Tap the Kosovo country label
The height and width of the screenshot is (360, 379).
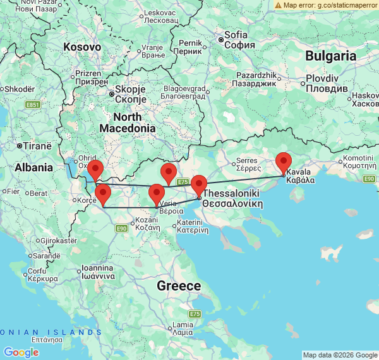point(82,47)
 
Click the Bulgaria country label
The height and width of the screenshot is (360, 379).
point(331,56)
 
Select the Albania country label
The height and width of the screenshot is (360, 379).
point(34,167)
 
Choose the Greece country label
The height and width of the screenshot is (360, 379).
point(179,286)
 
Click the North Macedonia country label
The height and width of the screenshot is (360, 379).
point(134,123)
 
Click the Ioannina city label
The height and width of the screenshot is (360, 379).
point(97,272)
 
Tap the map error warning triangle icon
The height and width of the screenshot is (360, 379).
point(278,5)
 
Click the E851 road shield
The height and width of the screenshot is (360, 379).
point(33,104)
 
